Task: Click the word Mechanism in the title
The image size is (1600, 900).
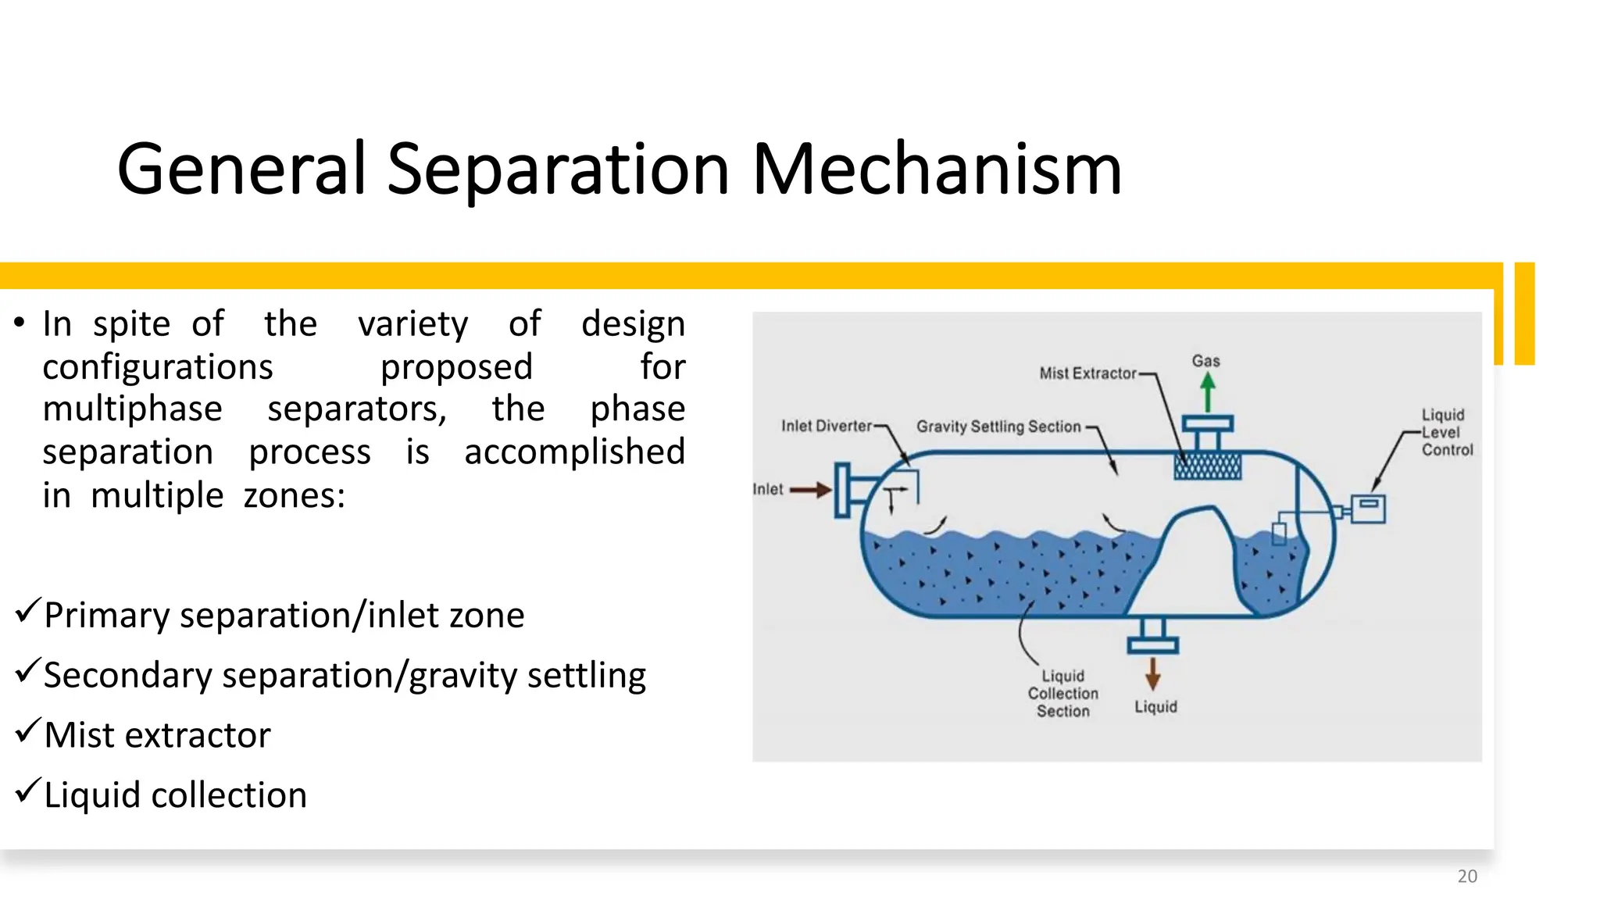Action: [x=936, y=170]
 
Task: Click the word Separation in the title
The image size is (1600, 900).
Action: [x=558, y=170]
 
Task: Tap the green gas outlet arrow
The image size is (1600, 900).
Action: [x=1208, y=391]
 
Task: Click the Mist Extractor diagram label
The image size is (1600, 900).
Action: [x=1087, y=373]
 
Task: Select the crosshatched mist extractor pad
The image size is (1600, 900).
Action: [x=1208, y=466]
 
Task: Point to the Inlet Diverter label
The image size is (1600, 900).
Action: [x=827, y=426]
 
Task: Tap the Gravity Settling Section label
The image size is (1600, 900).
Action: [x=998, y=427]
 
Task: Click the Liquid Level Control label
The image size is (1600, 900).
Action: [x=1445, y=432]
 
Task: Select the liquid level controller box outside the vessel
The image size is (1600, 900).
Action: [x=1368, y=508]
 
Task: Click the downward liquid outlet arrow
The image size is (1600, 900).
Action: [x=1152, y=673]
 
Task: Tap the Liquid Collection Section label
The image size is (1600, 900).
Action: [x=1062, y=693]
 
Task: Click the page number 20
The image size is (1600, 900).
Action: [x=1467, y=877]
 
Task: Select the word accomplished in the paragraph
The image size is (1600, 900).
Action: [x=574, y=452]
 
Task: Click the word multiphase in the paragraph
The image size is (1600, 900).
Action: [x=132, y=409]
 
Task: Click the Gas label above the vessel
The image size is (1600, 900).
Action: [x=1205, y=361]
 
